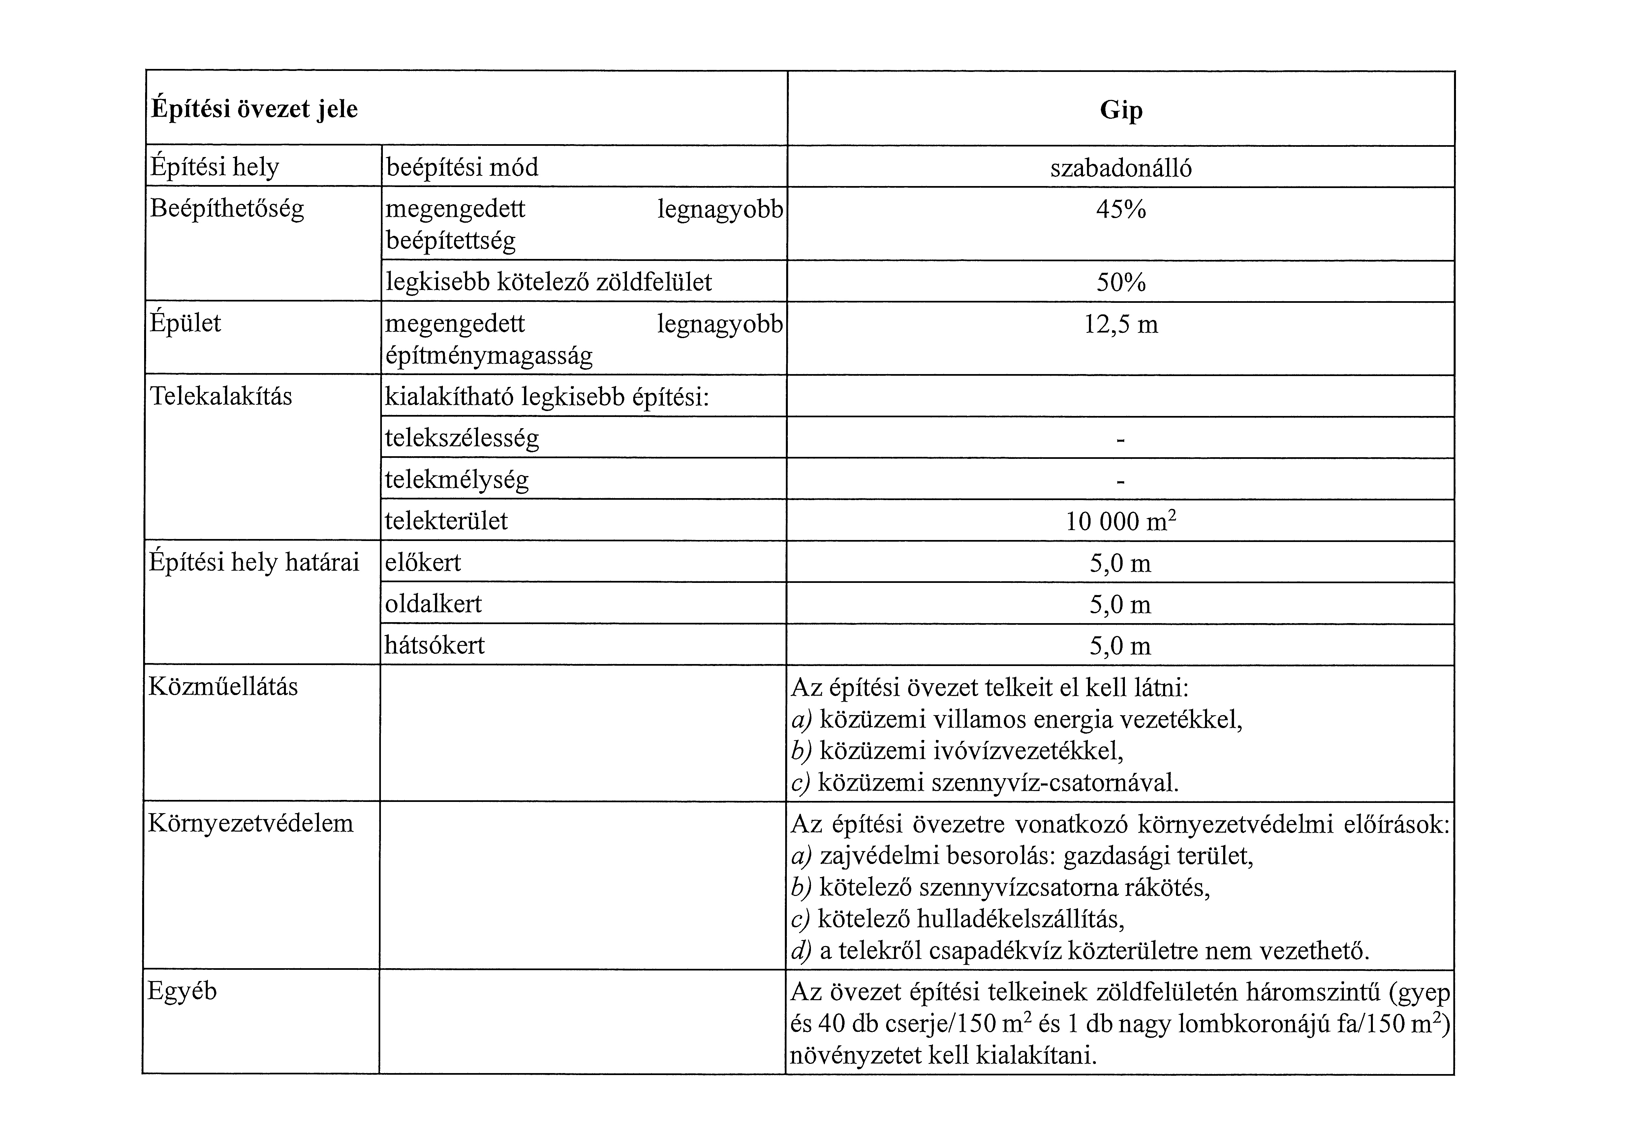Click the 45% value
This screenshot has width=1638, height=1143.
1121,210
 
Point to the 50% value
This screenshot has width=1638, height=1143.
1121,283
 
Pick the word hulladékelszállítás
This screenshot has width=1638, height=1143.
1020,919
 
